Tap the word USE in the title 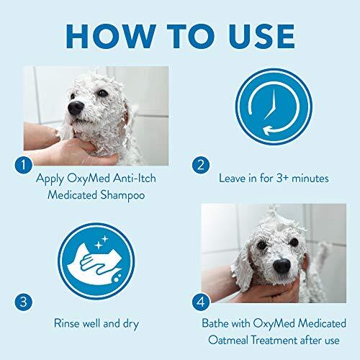pos(254,36)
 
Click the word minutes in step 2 pos(311,177)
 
